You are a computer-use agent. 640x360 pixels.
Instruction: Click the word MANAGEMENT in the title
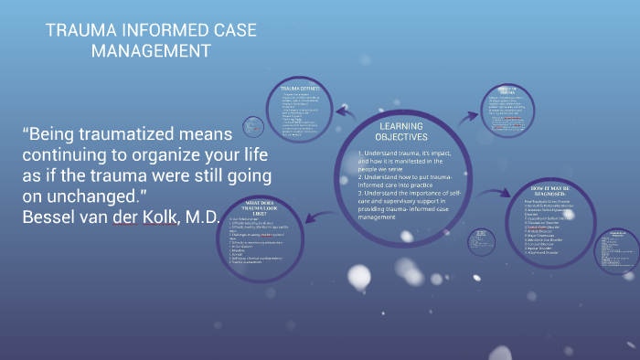point(151,51)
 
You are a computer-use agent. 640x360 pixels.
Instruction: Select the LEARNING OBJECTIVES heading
point(402,131)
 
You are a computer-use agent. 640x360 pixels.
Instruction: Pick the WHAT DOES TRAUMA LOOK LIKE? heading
point(265,206)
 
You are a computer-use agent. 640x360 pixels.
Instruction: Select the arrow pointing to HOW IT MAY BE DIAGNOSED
point(495,192)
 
